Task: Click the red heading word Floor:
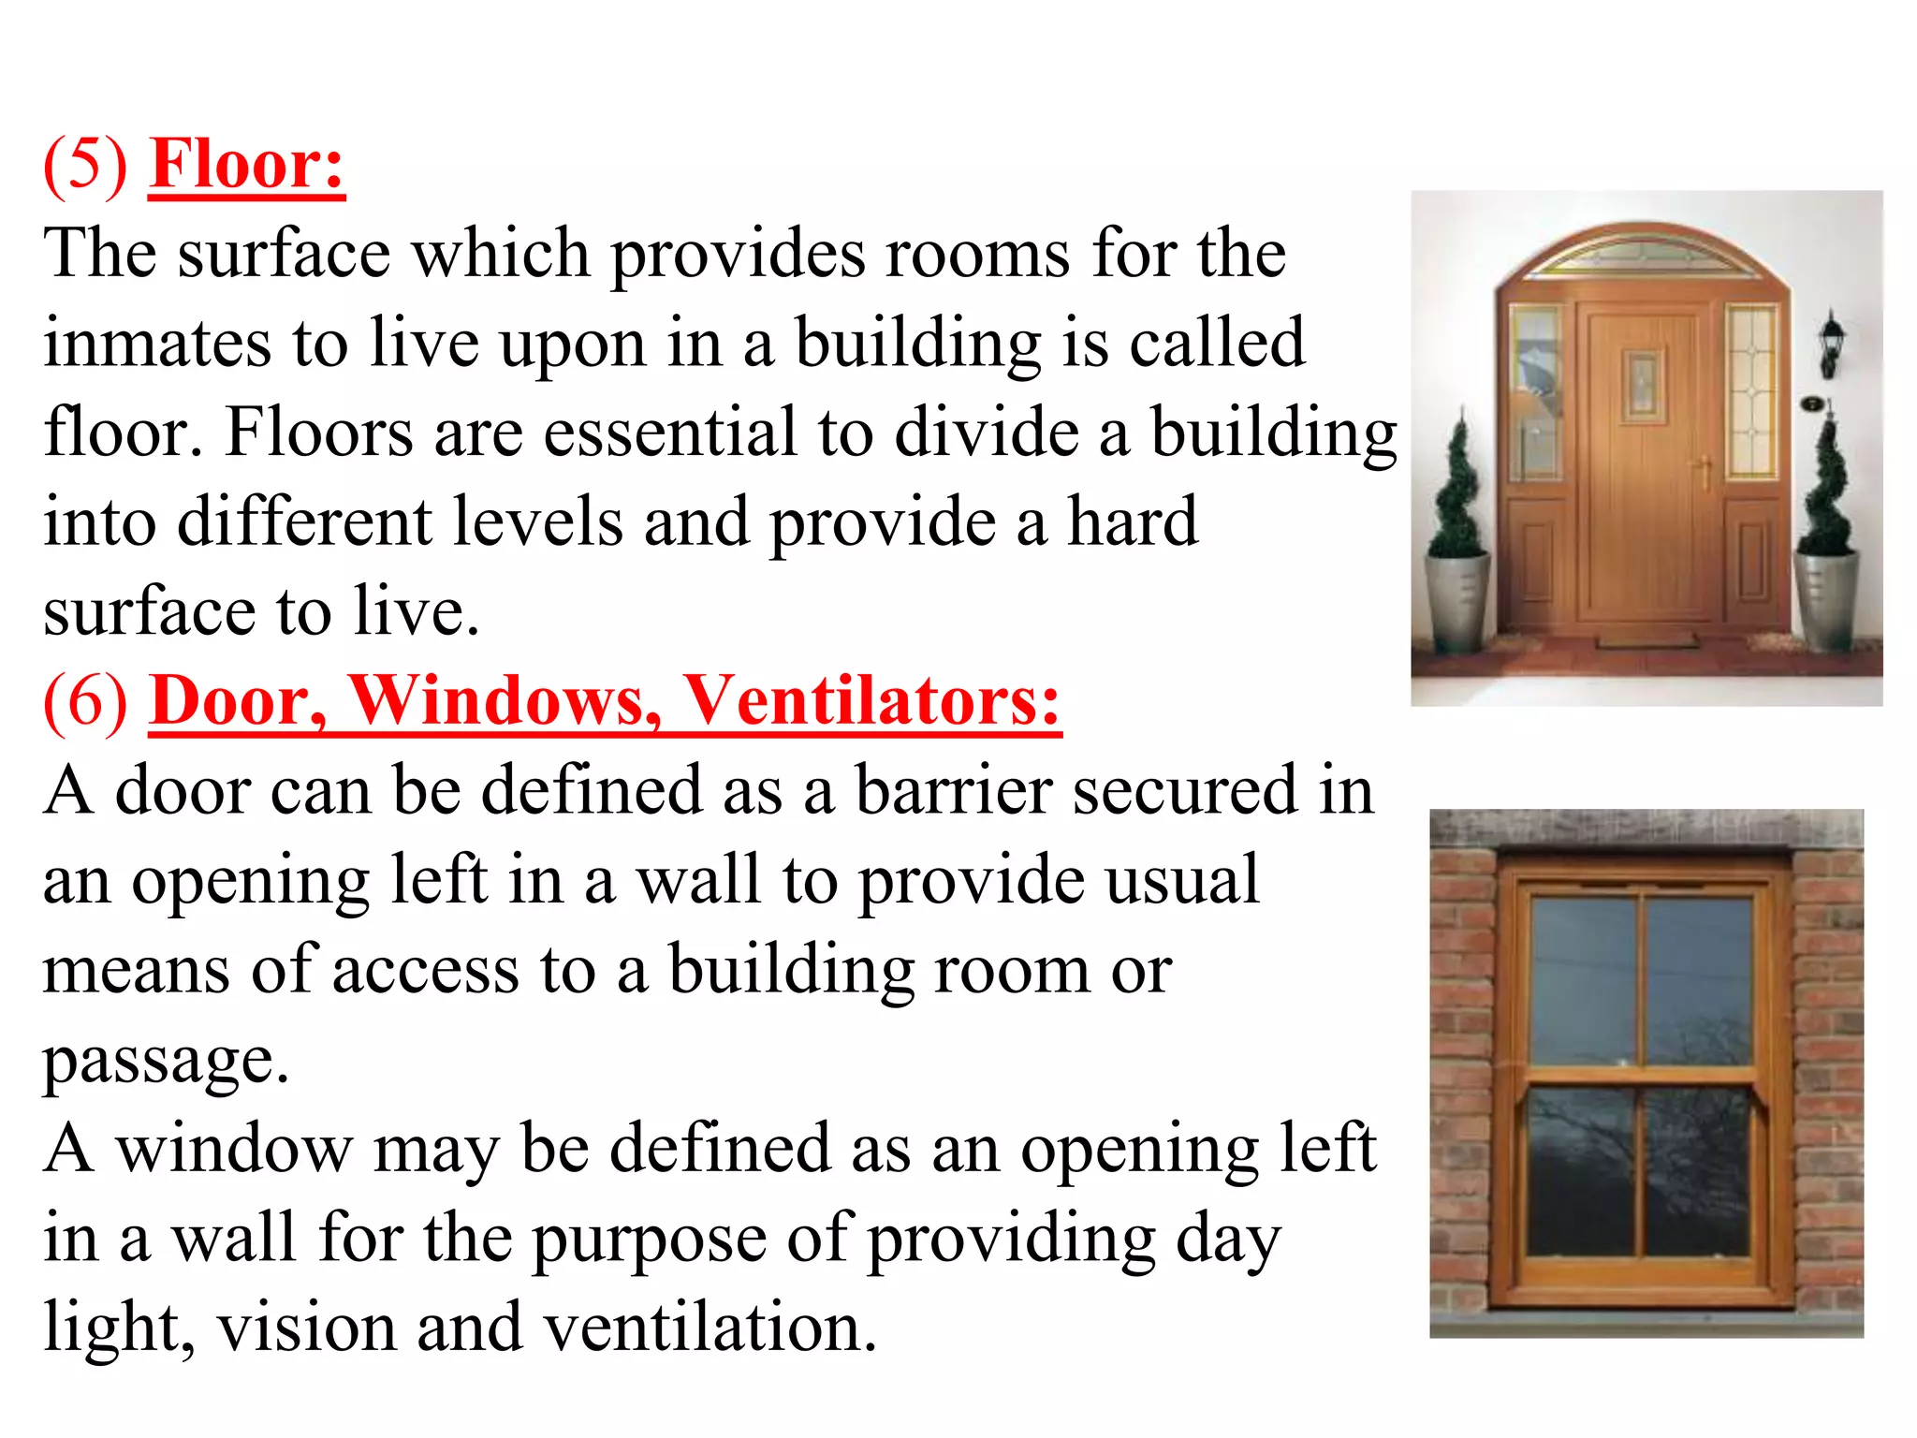coord(247,166)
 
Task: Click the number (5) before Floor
coord(86,166)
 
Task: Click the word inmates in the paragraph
coord(157,343)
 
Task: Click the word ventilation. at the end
coord(711,1328)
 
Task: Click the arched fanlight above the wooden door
coord(1642,253)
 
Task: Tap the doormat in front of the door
coord(1646,641)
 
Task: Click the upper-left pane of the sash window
coord(1582,979)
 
